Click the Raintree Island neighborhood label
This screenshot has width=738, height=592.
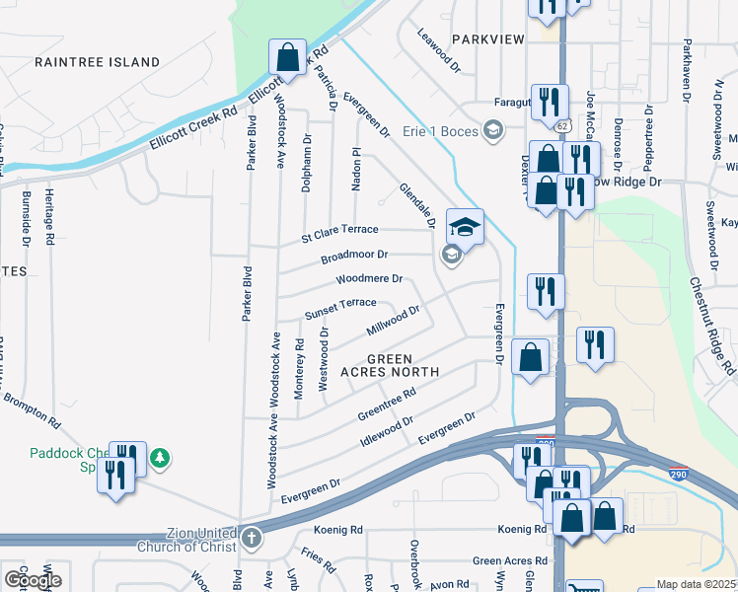click(97, 62)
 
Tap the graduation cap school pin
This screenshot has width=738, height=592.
click(466, 227)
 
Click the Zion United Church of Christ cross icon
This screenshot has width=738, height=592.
click(252, 539)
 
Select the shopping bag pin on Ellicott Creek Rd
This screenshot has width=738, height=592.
click(287, 57)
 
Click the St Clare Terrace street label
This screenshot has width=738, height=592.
click(340, 234)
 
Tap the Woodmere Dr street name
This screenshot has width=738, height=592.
click(370, 279)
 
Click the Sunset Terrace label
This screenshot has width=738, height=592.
click(340, 309)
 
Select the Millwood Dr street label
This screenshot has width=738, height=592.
click(393, 320)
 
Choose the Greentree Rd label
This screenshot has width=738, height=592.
click(386, 403)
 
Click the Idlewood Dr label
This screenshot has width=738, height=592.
click(388, 431)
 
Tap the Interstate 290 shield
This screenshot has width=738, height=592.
click(678, 473)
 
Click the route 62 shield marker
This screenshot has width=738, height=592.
click(561, 126)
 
